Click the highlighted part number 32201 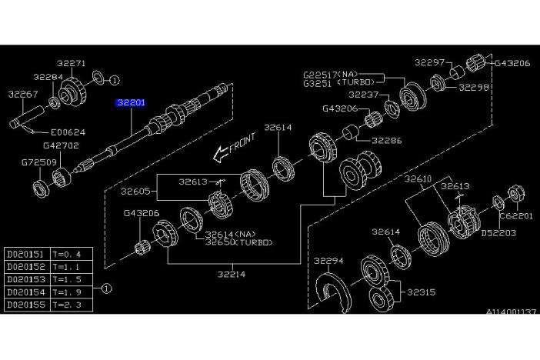coord(130,102)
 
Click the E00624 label coord(69,132)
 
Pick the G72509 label coord(34,162)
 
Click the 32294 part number coord(328,261)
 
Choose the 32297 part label coord(430,62)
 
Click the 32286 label coord(386,142)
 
